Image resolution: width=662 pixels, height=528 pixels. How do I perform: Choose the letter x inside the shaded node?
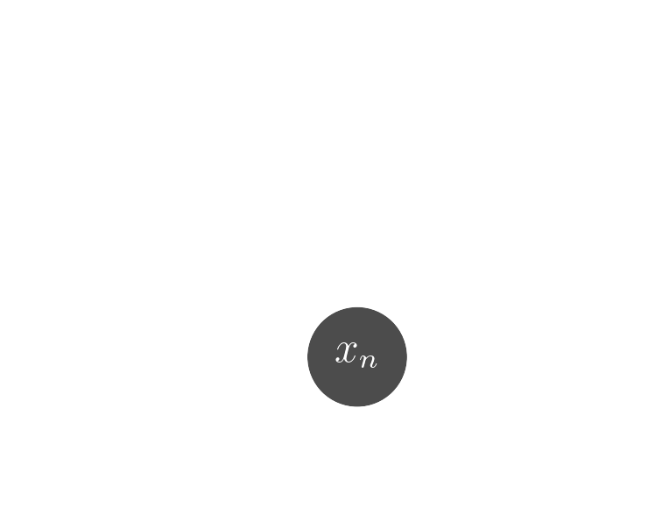[348, 353]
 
